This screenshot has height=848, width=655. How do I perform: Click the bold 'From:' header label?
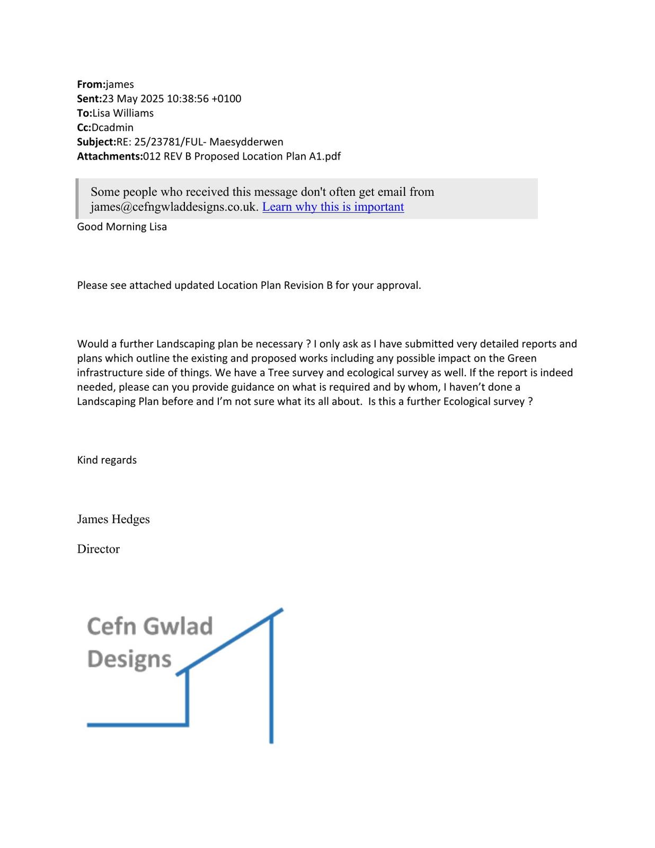(91, 84)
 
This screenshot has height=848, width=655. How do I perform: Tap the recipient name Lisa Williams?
(123, 113)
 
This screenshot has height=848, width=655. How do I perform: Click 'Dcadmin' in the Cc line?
(112, 127)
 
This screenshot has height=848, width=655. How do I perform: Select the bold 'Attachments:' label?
(110, 156)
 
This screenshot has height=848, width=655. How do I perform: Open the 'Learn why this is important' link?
(333, 207)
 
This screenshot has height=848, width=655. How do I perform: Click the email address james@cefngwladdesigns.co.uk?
(174, 207)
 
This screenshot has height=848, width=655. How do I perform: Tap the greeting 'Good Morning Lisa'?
(122, 227)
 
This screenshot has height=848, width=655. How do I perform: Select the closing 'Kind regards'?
(107, 460)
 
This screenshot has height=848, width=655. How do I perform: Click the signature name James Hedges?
(113, 519)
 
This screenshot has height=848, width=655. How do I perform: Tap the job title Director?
(98, 549)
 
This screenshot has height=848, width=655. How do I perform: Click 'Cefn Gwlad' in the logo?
(149, 626)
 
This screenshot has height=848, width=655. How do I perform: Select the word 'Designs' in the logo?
(129, 659)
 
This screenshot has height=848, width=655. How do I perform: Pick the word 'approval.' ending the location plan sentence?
(399, 285)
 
